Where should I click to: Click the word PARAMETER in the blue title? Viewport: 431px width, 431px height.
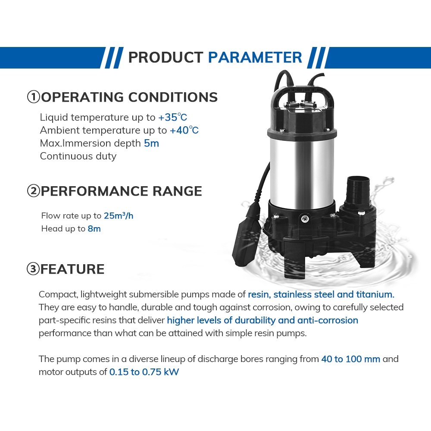(255, 57)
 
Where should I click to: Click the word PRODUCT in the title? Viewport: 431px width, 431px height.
(166, 57)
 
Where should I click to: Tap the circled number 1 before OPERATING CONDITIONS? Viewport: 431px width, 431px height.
(34, 97)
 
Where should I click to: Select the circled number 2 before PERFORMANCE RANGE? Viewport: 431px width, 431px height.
(34, 191)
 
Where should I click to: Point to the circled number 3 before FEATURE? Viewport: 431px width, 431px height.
(33, 269)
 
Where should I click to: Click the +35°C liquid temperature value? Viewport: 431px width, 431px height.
(173, 117)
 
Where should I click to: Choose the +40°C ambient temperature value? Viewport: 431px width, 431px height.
(184, 130)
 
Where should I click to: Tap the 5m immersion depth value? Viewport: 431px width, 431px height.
(151, 143)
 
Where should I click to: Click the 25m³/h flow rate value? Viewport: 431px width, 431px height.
(119, 216)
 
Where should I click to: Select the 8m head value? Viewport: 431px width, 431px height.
(94, 229)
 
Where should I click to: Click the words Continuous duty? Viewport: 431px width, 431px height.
(78, 156)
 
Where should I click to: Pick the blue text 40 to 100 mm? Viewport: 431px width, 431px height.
(351, 359)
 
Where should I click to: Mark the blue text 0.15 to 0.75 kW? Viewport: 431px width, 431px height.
(144, 372)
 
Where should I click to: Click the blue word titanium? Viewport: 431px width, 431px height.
(375, 294)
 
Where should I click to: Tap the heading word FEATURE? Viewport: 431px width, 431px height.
(72, 269)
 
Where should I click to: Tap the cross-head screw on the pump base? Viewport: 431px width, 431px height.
(305, 219)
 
